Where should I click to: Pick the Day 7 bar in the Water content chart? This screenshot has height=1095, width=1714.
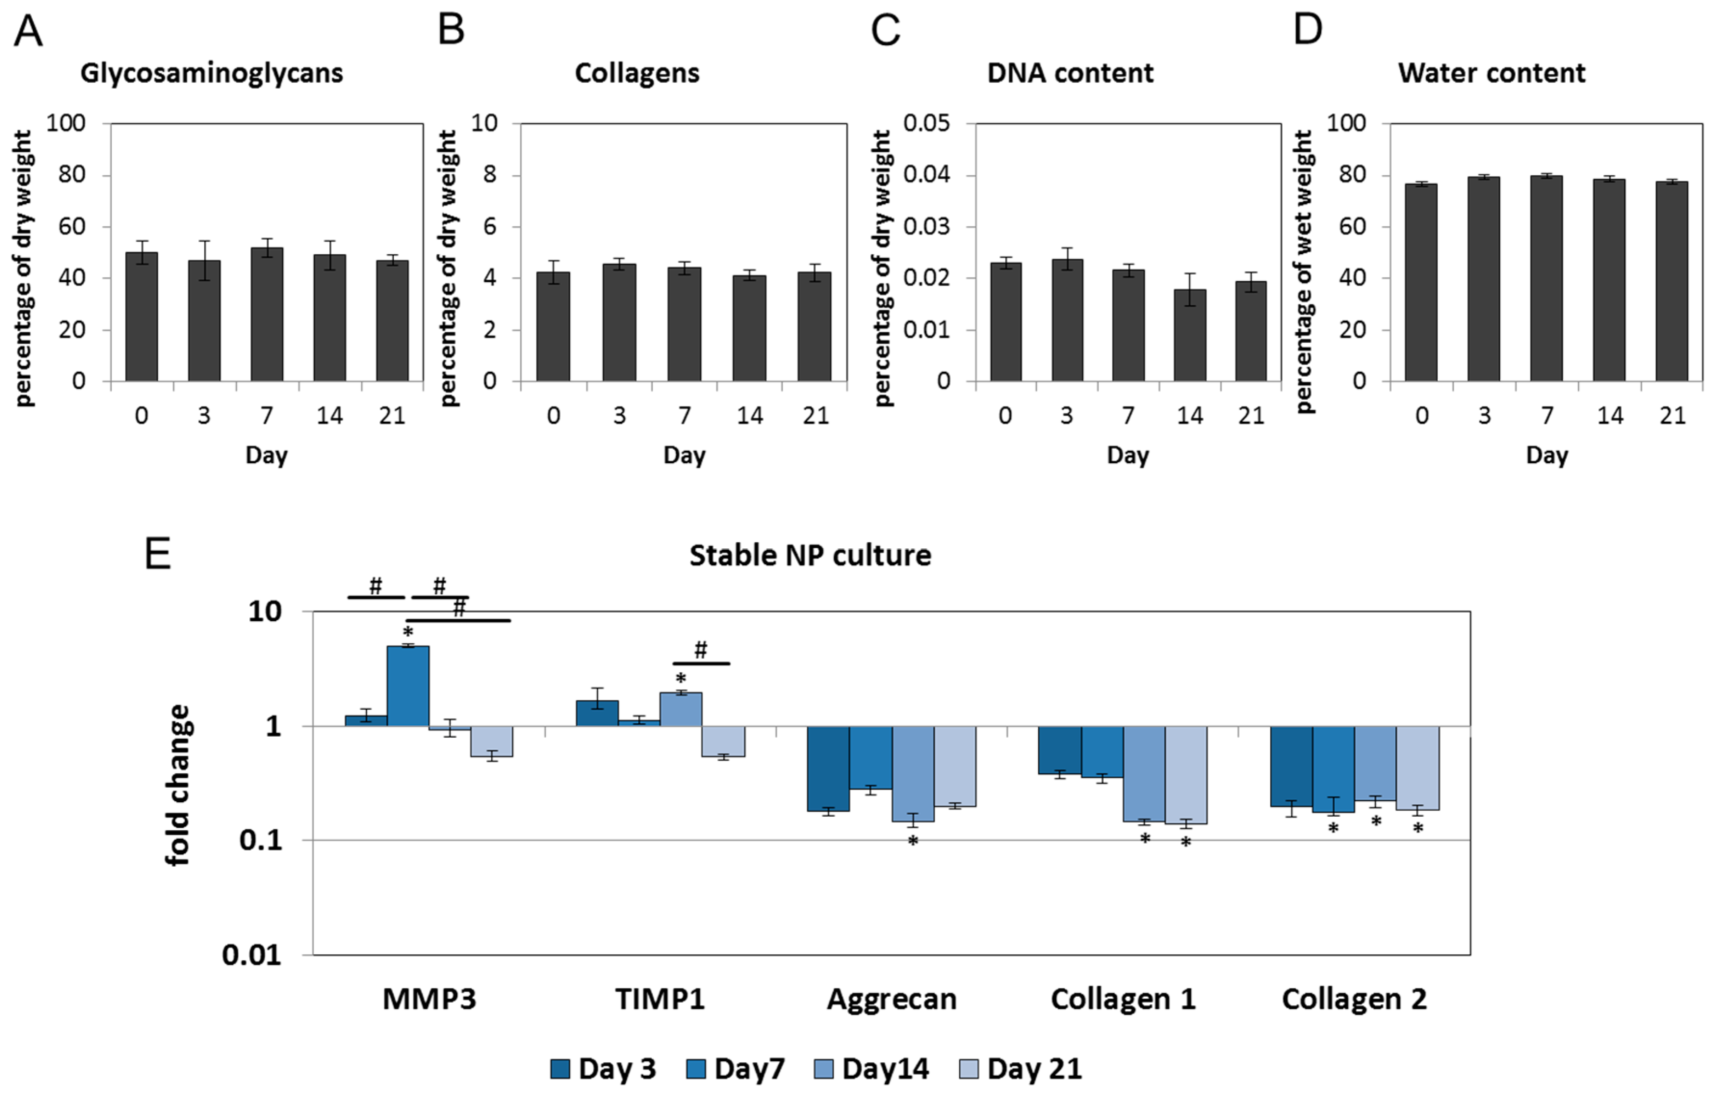(1546, 278)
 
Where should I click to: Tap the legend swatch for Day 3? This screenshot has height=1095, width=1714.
(560, 1069)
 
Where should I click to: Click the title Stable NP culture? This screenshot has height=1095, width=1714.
(810, 555)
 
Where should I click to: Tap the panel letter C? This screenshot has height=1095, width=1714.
(886, 31)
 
